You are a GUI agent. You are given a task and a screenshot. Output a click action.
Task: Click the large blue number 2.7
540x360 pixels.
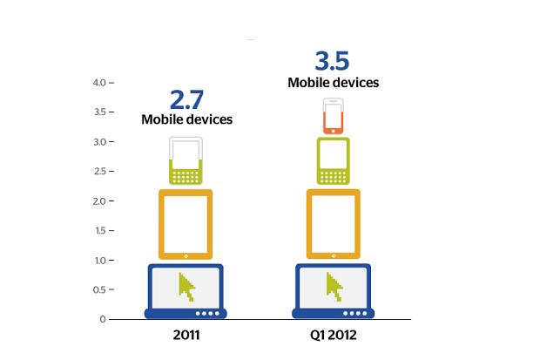(x=186, y=97)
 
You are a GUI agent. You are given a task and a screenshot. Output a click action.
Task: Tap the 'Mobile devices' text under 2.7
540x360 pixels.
(x=186, y=119)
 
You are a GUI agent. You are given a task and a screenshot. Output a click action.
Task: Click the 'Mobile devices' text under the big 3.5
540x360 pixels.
(x=333, y=83)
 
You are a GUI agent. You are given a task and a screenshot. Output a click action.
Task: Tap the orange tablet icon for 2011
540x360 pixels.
(x=186, y=224)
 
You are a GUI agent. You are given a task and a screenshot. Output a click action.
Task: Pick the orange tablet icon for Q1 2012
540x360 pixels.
(x=333, y=224)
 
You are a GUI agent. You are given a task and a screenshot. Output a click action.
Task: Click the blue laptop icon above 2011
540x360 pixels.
(x=186, y=291)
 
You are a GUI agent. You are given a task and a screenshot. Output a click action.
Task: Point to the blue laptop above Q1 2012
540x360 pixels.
(x=333, y=291)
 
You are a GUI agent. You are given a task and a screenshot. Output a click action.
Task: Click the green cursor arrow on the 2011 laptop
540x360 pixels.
(x=186, y=285)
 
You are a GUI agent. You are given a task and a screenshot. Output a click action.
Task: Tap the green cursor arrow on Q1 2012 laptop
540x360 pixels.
(x=333, y=285)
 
